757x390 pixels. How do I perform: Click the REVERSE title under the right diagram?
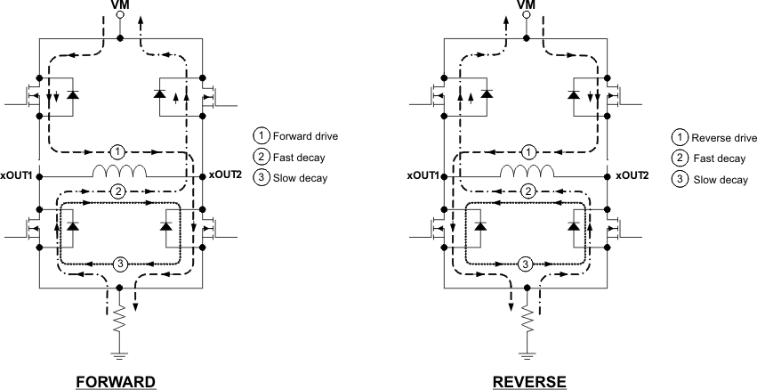coord(529,380)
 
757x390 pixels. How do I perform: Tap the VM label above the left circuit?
coord(121,5)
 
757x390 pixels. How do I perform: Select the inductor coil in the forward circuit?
coord(122,171)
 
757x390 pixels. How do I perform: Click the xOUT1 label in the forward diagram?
coord(18,175)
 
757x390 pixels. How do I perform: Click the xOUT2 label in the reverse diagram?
coord(630,175)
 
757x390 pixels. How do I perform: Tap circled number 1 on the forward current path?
coord(122,150)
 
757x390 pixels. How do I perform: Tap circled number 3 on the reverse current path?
coord(527,264)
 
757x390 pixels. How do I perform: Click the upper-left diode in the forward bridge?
coord(72,94)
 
